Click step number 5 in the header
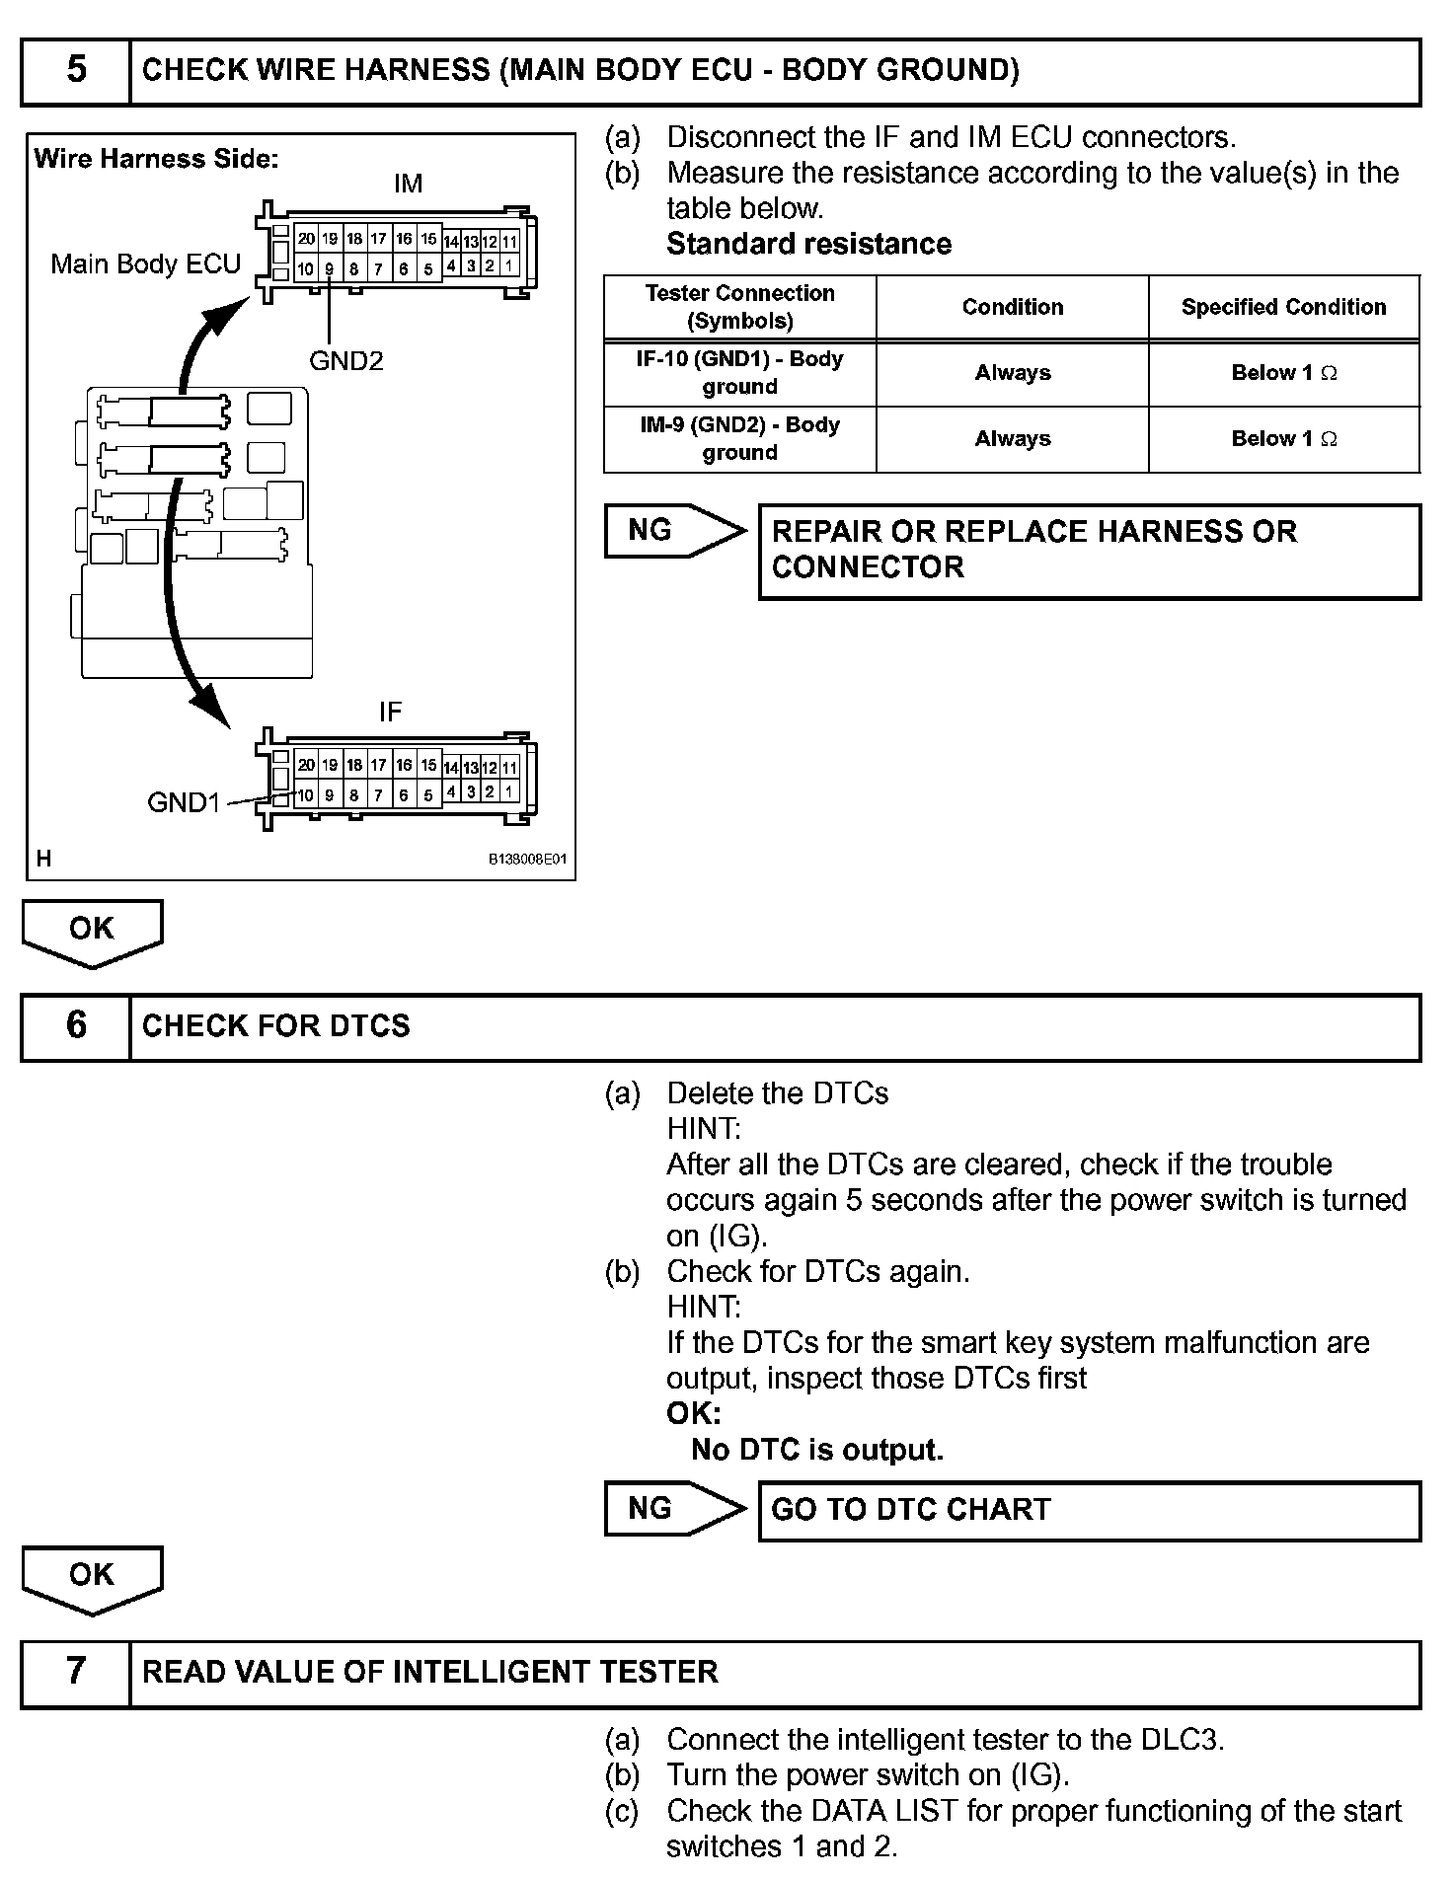[x=76, y=70]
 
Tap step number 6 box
[x=76, y=1026]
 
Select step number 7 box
[x=76, y=1671]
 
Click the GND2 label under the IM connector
[x=345, y=361]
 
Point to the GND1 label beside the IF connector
[x=183, y=802]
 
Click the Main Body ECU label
[x=146, y=264]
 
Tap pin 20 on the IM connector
[x=306, y=239]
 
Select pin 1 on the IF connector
[x=509, y=791]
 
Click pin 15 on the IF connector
[x=428, y=765]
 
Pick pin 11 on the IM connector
[x=509, y=242]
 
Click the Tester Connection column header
[x=739, y=307]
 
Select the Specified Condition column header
[x=1283, y=307]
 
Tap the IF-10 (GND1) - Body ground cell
[x=739, y=373]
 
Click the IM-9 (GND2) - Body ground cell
[x=739, y=439]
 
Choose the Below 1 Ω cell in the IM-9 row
[x=1283, y=439]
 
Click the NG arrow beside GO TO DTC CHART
[x=671, y=1508]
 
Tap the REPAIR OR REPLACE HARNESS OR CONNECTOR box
[x=1089, y=551]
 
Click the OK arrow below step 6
[x=92, y=1578]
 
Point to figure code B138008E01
[x=528, y=860]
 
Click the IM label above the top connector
[x=408, y=184]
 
